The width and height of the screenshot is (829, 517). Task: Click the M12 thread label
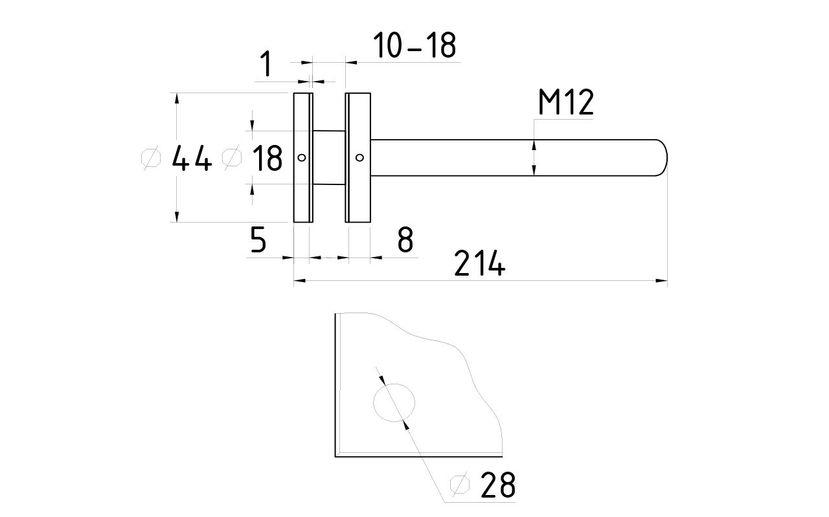pos(566,102)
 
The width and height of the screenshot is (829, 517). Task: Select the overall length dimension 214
pos(480,263)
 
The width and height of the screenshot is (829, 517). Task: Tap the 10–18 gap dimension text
pos(414,45)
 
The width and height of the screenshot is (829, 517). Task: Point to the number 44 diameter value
pos(192,158)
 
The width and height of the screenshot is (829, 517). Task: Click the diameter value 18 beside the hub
pos(267,158)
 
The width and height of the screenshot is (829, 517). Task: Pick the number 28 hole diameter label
pos(498,485)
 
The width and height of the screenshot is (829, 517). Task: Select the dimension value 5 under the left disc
pos(258,239)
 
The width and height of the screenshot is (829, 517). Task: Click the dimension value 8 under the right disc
pos(405,239)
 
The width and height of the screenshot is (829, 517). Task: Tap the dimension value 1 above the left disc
pos(266,63)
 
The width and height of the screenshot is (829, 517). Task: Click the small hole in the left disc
pos(302,158)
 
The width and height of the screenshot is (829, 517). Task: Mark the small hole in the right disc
pos(359,158)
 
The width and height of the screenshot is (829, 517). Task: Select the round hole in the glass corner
pos(394,402)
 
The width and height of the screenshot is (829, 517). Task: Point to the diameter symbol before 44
pos(151,158)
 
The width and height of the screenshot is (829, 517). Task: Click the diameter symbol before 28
pos(460,484)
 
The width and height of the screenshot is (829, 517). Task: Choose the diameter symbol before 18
pos(232,158)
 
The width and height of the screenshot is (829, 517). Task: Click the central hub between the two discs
pos(329,157)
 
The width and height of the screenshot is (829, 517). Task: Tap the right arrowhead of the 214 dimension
pos(662,281)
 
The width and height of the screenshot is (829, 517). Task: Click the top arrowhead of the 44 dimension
pos(177,99)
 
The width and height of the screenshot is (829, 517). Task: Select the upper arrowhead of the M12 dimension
pos(534,146)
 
